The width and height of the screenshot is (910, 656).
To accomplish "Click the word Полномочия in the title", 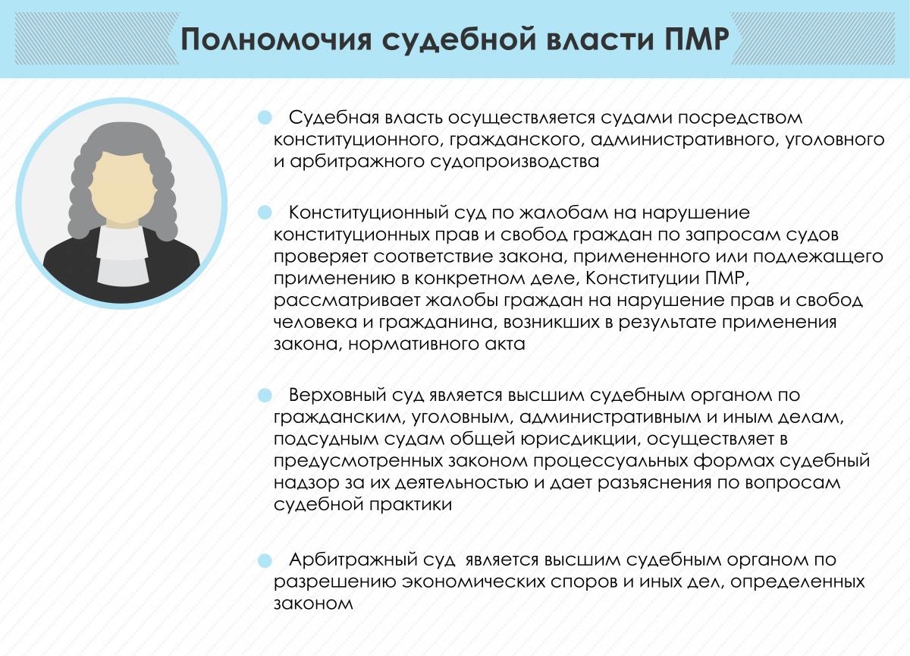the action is tap(276, 39).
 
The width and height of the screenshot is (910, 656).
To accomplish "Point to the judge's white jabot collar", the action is tap(122, 255).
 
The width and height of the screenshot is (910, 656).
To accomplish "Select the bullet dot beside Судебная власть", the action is tap(265, 118).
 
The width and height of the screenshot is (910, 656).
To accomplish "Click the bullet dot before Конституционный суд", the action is tap(265, 213).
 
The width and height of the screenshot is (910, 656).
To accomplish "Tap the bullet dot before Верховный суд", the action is tap(265, 395).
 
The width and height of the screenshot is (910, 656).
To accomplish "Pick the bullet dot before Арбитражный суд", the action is tap(265, 560).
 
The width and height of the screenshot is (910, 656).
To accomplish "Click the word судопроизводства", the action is tap(514, 162).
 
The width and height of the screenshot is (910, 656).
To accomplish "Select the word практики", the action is tap(411, 505).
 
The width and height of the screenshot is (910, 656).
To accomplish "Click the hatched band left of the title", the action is tap(97, 39).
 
